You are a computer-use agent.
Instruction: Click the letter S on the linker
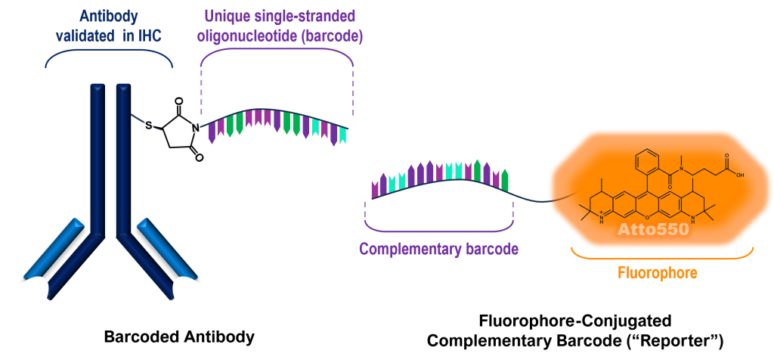[149, 125]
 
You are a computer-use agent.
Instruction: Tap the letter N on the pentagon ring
[196, 128]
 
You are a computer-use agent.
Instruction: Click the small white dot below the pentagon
[200, 158]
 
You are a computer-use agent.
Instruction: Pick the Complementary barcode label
[438, 249]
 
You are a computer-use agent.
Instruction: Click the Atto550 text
[652, 229]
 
